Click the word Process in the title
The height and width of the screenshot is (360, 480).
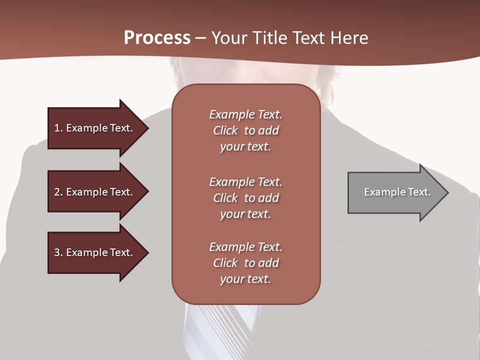(x=157, y=38)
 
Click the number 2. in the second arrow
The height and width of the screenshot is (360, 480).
(x=58, y=192)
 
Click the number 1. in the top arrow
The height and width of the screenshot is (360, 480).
(x=58, y=128)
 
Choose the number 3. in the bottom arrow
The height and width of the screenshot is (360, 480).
(x=58, y=252)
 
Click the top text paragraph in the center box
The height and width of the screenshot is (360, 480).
(x=245, y=130)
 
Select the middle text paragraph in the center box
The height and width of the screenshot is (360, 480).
(x=245, y=198)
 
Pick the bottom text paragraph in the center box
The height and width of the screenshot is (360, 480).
(x=245, y=263)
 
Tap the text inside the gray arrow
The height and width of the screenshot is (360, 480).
(x=397, y=192)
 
